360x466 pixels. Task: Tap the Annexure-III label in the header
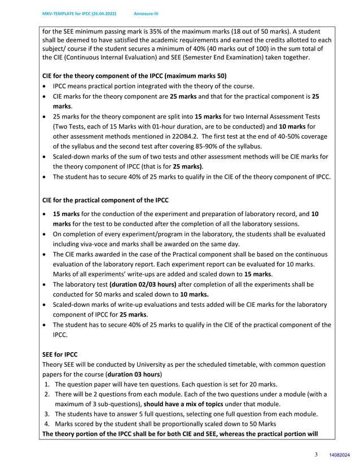coord(146,13)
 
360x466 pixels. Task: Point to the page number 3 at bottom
coord(316,455)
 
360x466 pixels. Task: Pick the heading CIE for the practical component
coord(106,200)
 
